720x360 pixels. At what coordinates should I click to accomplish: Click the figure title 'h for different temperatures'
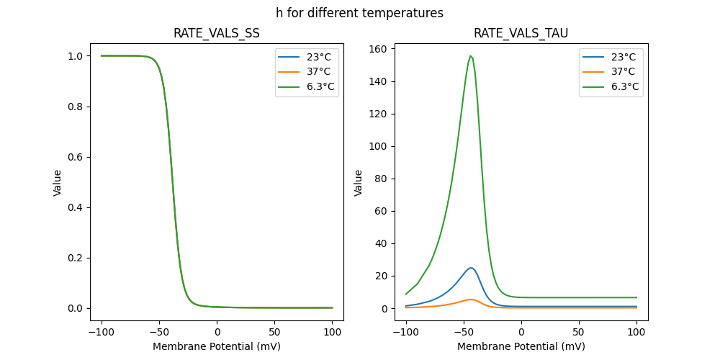coord(359,13)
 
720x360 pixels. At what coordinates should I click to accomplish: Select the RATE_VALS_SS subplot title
coord(217,33)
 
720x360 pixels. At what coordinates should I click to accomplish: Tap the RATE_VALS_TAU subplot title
coord(521,33)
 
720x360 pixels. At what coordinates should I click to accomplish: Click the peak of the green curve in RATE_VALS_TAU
coord(470,56)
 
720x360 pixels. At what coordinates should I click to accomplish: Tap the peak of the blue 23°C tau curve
coord(471,268)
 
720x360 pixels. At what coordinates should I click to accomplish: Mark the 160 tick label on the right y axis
coord(376,49)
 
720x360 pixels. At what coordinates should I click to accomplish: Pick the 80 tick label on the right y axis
coord(379,179)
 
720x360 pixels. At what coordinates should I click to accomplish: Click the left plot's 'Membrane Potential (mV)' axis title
coord(217,346)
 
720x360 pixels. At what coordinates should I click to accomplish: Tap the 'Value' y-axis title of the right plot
coord(358,183)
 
